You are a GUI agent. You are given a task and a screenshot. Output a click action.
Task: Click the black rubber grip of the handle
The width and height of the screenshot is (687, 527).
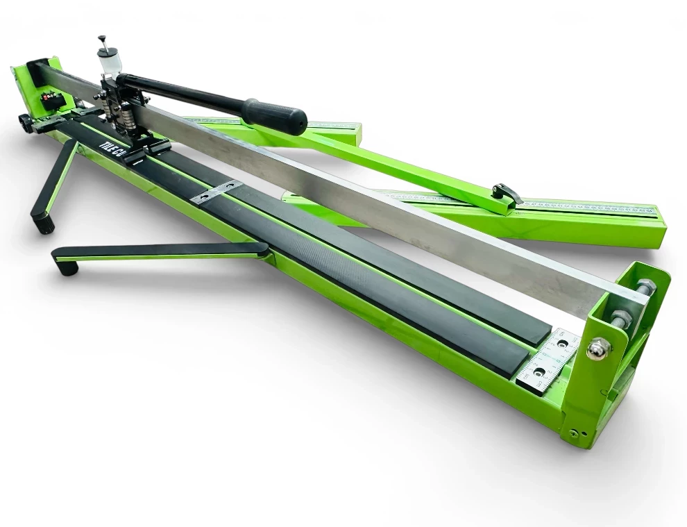(x=274, y=116)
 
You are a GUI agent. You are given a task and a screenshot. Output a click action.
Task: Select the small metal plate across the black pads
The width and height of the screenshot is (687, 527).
(x=216, y=192)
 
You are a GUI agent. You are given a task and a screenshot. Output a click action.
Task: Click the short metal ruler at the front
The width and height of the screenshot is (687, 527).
(x=548, y=361)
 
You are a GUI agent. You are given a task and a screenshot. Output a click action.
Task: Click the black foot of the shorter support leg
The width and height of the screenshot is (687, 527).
(x=43, y=223)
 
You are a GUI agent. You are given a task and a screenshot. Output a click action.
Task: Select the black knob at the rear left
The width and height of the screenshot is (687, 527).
(x=26, y=124)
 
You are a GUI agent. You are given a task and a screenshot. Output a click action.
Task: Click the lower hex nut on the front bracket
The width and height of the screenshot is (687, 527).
(x=620, y=319)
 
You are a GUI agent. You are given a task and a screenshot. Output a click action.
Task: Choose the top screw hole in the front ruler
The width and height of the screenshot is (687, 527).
(x=561, y=344)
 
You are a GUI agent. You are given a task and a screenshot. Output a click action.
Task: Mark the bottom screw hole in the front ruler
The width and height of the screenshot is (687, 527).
(x=538, y=373)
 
